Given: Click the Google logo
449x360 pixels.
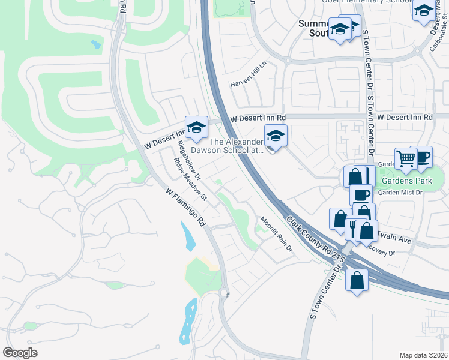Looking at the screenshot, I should tap(20, 353).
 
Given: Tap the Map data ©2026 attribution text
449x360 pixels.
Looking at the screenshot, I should tap(424, 355).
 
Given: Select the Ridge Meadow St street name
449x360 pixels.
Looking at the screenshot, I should tap(190, 179).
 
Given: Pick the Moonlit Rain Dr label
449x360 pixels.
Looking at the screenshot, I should tap(276, 233).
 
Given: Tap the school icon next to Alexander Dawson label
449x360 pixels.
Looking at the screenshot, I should tap(276, 135).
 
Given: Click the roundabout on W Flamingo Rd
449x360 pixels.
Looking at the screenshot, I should tap(224, 293).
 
